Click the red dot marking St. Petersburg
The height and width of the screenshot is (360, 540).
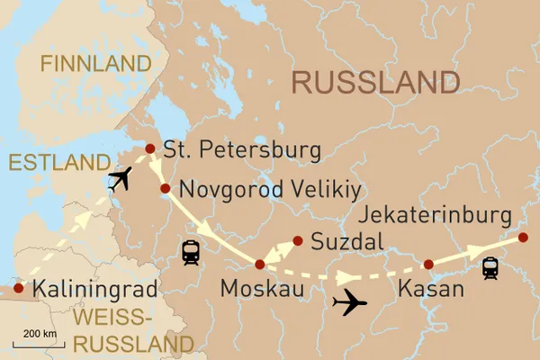click(x=150, y=149)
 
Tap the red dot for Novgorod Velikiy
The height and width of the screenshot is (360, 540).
click(x=166, y=189)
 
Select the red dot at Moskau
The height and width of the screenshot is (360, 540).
click(x=260, y=265)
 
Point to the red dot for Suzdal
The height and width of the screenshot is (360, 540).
click(x=296, y=240)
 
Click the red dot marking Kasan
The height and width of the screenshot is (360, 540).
click(x=428, y=265)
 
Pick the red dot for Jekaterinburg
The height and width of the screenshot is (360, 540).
click(x=523, y=238)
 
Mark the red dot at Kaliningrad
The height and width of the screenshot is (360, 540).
click(x=17, y=290)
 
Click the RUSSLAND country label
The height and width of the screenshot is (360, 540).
click(x=376, y=83)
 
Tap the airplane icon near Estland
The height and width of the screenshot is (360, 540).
click(x=119, y=179)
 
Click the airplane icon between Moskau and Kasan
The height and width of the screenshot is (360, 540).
click(x=349, y=302)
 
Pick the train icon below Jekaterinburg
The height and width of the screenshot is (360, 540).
click(x=490, y=268)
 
